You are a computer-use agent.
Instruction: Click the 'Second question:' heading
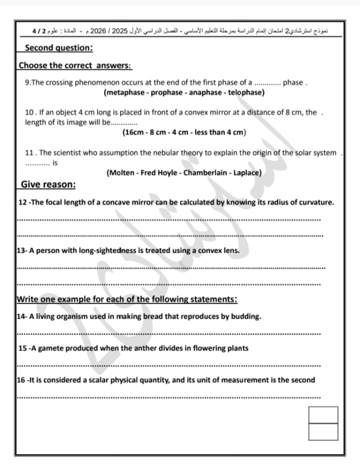[58, 48]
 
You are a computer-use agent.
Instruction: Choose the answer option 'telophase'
[245, 93]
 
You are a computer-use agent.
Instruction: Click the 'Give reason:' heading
[48, 185]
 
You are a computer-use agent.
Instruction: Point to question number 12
[22, 202]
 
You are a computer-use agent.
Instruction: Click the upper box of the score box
[323, 415]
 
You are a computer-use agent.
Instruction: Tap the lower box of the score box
[323, 432]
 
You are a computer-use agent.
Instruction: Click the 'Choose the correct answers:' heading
[75, 65]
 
